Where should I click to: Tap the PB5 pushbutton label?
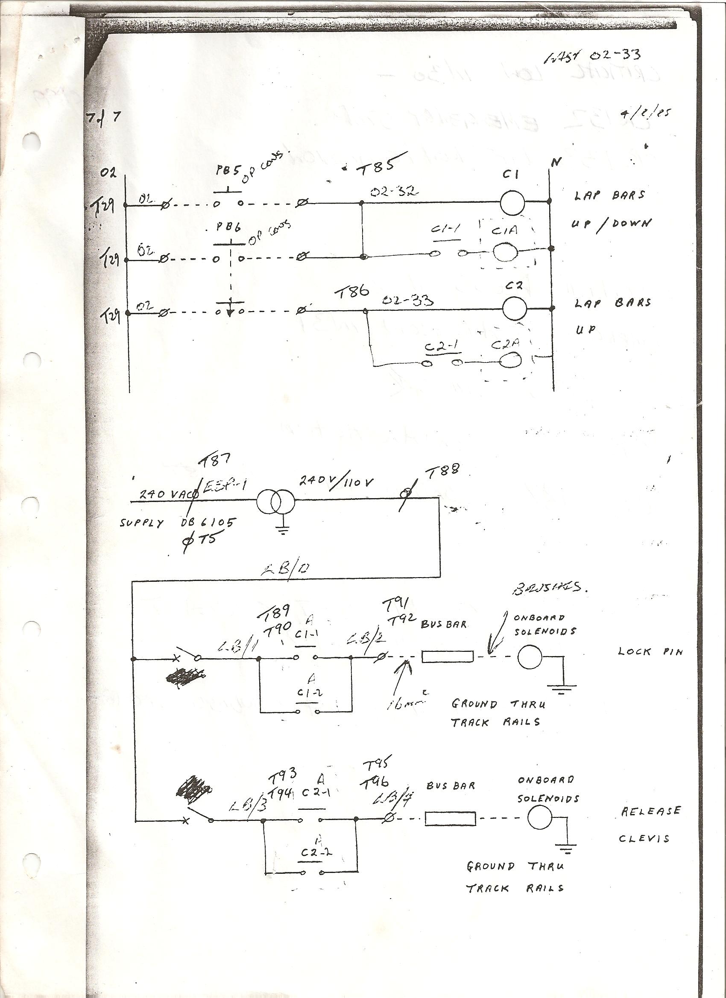(x=228, y=182)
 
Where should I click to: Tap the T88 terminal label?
(x=441, y=471)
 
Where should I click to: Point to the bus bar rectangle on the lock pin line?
(x=448, y=657)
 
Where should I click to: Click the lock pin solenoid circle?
(x=530, y=657)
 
